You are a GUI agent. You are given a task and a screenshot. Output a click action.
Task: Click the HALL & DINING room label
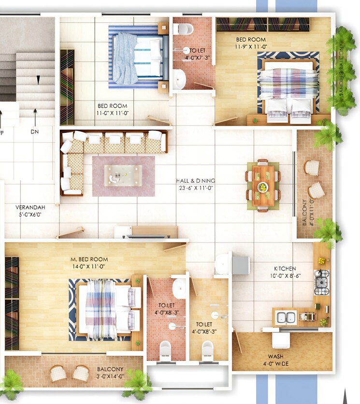click(x=195, y=181)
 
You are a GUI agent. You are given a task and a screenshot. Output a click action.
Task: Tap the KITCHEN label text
click(x=285, y=269)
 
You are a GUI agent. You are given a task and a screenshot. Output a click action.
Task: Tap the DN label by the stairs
click(x=34, y=131)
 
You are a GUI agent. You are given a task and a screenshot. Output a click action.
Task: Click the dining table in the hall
click(x=263, y=185)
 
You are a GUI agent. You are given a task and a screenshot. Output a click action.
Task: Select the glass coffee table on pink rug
click(x=124, y=175)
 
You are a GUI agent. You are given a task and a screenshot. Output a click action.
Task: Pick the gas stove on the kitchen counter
click(x=321, y=282)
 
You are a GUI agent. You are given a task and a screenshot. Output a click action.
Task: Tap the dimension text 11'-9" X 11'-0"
click(x=251, y=47)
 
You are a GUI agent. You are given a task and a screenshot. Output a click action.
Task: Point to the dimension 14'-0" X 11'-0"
click(x=89, y=266)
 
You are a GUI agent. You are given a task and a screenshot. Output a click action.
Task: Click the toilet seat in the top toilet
click(x=183, y=29)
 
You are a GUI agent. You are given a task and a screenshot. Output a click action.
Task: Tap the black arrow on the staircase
click(x=38, y=79)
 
